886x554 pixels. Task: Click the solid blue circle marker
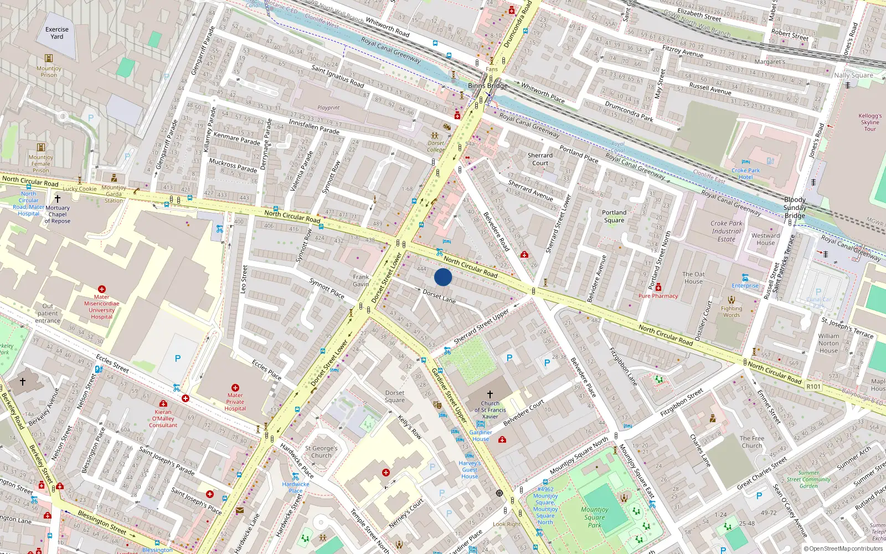[x=443, y=277]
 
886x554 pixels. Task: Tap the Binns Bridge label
[x=487, y=85]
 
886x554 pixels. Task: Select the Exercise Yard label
[x=57, y=33]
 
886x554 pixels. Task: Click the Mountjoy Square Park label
[x=595, y=517]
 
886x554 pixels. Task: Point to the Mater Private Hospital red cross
[x=235, y=388]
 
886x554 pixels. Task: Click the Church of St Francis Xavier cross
[x=490, y=394]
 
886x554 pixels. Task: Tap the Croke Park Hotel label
[x=745, y=173]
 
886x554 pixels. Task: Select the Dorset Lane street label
[x=439, y=296]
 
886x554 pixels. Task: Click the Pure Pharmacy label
[x=658, y=296]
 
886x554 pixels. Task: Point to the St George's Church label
[x=321, y=452]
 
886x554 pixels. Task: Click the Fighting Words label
[x=731, y=312]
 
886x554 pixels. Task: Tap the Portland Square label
[x=614, y=216]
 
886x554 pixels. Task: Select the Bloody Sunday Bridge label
[x=795, y=207]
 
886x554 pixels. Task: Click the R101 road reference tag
[x=813, y=386]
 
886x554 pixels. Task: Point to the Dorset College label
[x=436, y=146]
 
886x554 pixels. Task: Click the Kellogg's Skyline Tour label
[x=869, y=122]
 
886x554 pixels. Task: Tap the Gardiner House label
[x=480, y=435]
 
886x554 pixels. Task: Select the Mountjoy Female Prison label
[x=40, y=163]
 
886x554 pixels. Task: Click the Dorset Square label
[x=394, y=396]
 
